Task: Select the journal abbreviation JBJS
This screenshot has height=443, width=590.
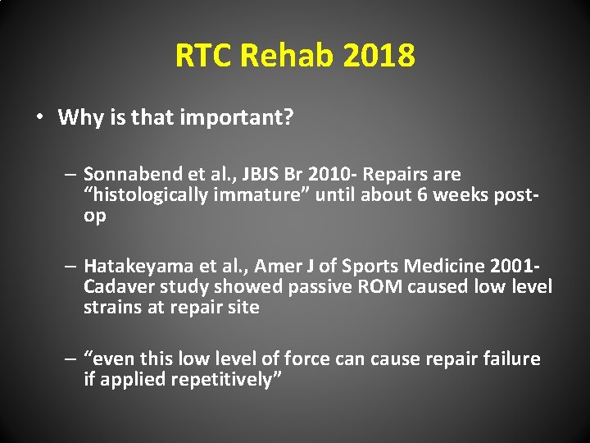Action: pos(237,174)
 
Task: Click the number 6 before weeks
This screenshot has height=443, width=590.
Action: pos(422,194)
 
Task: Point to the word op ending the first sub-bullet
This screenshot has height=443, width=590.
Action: pos(94,215)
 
